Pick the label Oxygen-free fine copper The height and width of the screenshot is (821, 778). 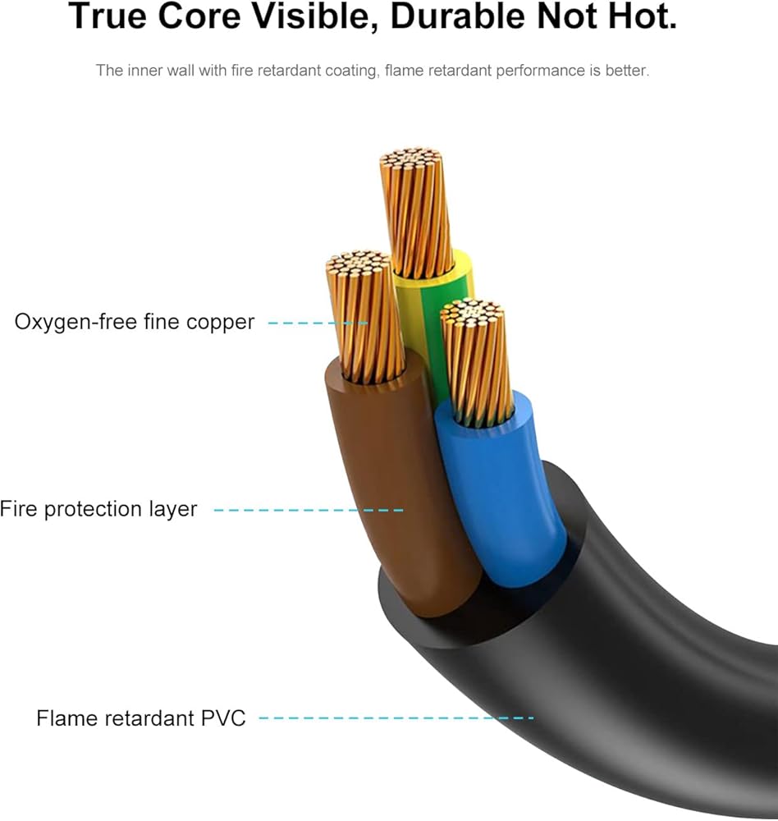click(x=135, y=322)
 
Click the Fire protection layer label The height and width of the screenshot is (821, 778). click(x=98, y=509)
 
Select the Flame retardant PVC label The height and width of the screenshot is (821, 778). click(x=141, y=718)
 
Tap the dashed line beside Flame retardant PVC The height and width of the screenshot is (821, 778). click(x=396, y=718)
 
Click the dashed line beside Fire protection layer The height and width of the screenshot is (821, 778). click(x=309, y=510)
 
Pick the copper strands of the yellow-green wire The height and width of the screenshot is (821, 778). click(x=416, y=212)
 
